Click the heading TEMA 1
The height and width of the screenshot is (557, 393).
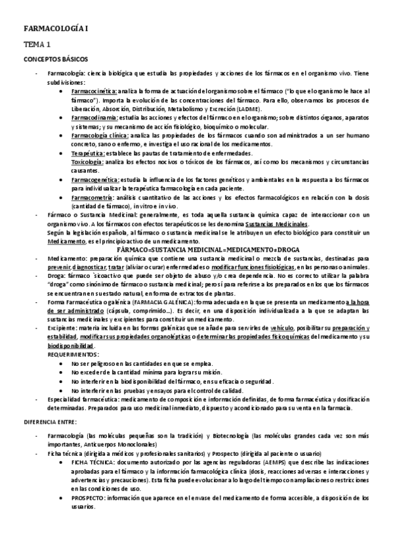click(37, 45)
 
